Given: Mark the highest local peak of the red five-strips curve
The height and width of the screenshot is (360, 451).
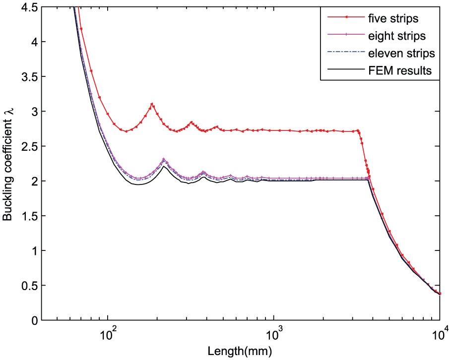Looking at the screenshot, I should coord(152,104).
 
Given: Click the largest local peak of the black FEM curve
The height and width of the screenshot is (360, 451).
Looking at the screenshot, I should coord(164,166).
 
